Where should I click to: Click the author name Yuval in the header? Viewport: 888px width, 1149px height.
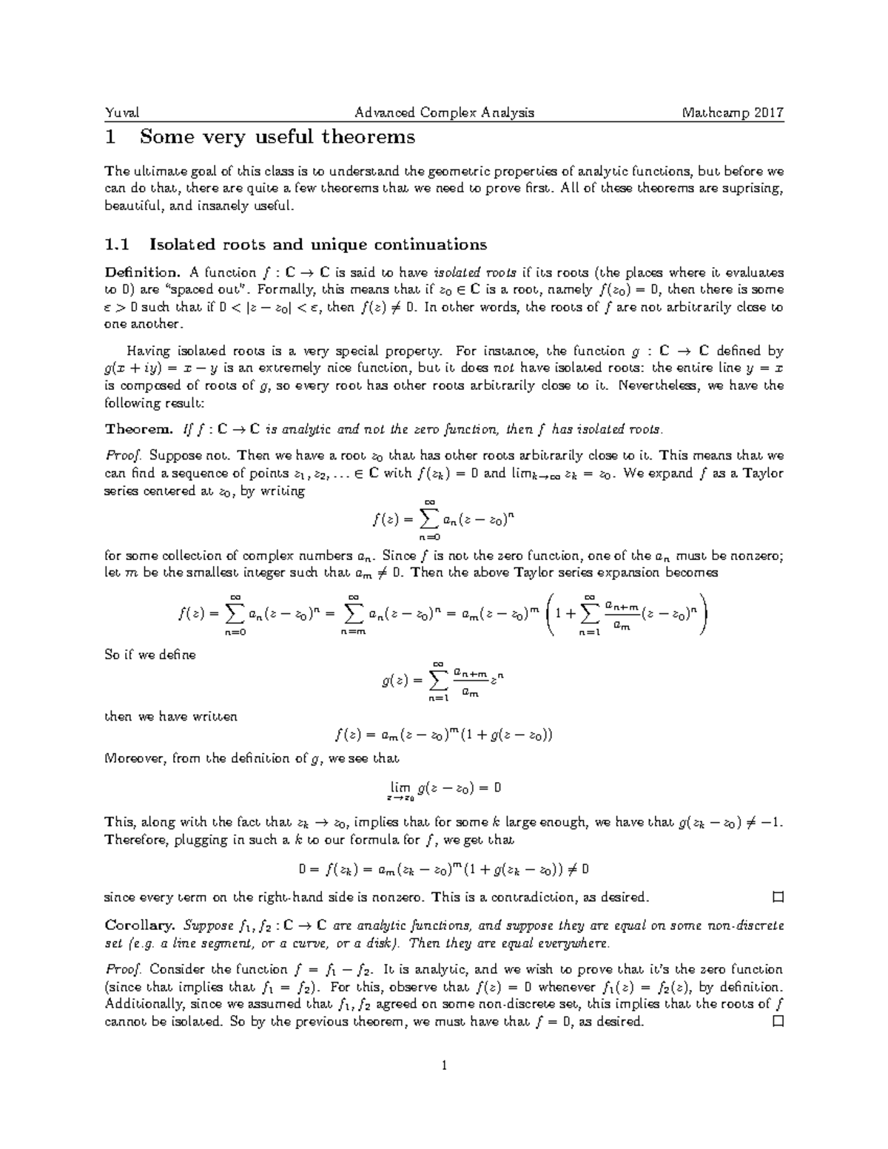[122, 113]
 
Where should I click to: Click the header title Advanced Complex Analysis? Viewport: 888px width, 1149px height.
[444, 113]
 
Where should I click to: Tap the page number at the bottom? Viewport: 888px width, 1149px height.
[444, 1066]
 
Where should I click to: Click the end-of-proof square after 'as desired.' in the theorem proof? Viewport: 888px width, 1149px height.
[777, 898]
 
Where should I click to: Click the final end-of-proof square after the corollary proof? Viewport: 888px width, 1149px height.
[777, 1022]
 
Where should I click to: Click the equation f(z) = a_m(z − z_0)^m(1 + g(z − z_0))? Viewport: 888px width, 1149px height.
[444, 735]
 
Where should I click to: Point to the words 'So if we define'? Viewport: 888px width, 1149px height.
[150, 655]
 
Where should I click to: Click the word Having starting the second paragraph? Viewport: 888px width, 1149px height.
[148, 351]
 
